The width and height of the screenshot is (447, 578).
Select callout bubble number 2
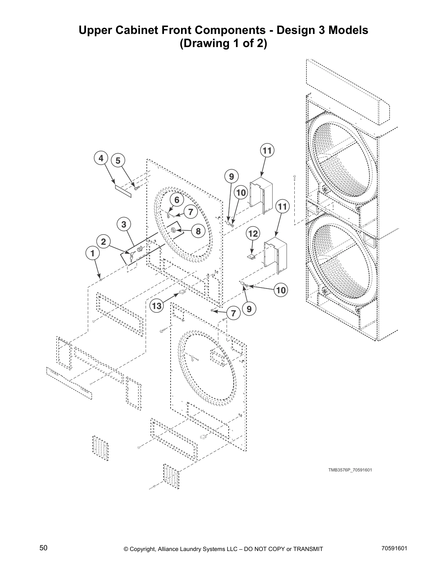104,242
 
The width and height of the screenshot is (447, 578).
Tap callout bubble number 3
124,224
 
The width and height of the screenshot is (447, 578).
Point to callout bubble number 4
101,158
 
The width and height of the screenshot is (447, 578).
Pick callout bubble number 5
118,161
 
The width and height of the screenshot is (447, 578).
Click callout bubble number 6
177,200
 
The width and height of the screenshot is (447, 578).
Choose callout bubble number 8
198,231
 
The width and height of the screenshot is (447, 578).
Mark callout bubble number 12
253,233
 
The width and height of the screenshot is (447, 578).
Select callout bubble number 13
157,306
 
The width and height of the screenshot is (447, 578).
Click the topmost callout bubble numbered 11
267,151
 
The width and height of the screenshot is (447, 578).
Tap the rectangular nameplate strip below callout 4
123,190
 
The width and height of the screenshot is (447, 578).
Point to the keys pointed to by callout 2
129,256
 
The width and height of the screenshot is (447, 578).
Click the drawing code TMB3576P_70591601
349,470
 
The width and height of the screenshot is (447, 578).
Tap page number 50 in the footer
43,548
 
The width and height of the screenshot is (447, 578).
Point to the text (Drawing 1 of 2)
223,43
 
